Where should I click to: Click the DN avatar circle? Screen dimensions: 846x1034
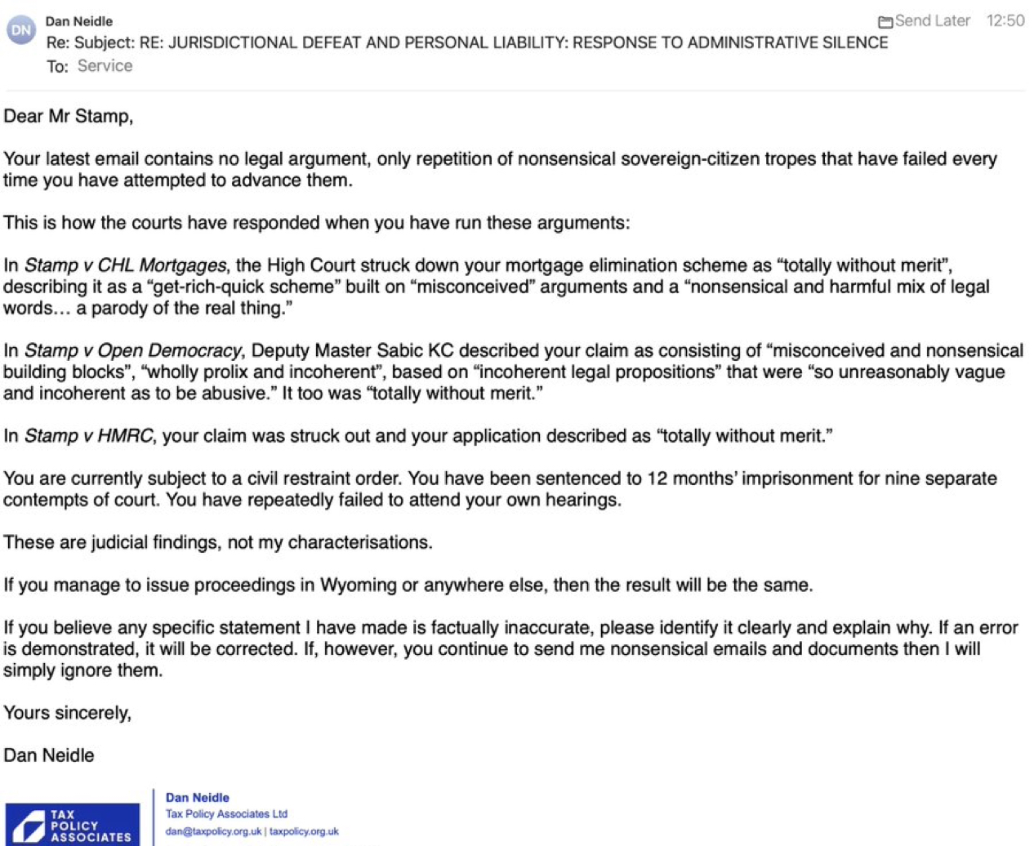click(21, 30)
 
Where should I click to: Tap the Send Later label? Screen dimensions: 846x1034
click(932, 21)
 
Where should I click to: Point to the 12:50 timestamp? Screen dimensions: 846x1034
click(1005, 21)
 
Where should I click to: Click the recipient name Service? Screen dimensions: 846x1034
click(105, 66)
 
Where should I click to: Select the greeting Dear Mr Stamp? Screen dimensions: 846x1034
click(68, 116)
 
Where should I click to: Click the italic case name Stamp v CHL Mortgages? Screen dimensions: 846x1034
click(125, 265)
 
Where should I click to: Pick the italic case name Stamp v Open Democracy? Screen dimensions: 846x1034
click(133, 350)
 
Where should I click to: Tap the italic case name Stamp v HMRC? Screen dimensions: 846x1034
click(88, 435)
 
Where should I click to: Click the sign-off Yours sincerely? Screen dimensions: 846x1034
click(67, 713)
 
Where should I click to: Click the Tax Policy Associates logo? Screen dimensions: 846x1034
click(72, 823)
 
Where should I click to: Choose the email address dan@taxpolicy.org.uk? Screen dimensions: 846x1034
click(213, 831)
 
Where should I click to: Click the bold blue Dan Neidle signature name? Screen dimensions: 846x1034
click(198, 797)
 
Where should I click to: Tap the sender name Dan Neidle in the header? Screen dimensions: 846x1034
click(79, 21)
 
